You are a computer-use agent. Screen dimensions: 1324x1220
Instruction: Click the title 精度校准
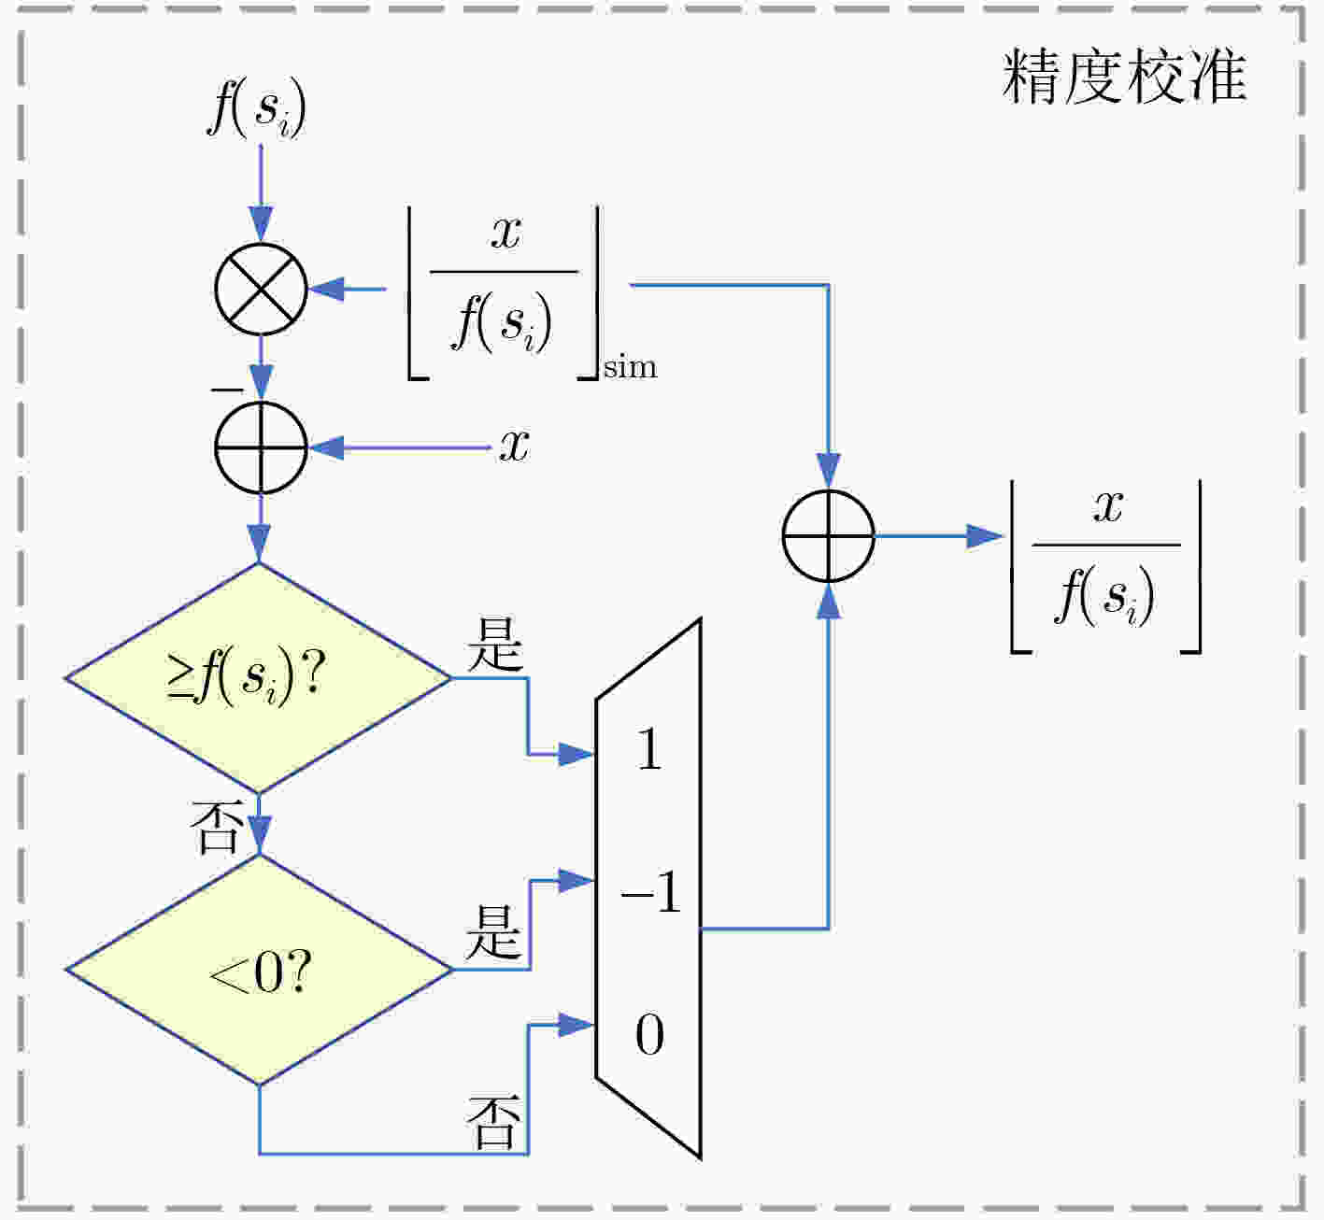pos(1125,77)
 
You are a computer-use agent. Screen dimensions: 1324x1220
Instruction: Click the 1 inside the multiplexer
pos(649,749)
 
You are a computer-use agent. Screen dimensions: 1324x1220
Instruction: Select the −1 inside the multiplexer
pos(650,891)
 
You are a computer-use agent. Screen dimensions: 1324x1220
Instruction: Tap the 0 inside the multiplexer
pos(649,1034)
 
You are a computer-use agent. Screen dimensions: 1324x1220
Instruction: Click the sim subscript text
pos(631,367)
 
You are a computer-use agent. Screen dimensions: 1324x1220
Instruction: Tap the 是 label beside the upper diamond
pos(495,645)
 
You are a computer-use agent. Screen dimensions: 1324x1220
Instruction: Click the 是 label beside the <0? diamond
pos(493,932)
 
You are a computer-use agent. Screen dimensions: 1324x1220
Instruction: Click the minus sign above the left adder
pos(228,390)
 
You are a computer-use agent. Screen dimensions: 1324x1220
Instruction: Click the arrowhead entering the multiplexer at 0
pos(577,1026)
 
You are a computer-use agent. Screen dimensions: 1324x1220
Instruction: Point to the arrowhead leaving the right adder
pos(985,536)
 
